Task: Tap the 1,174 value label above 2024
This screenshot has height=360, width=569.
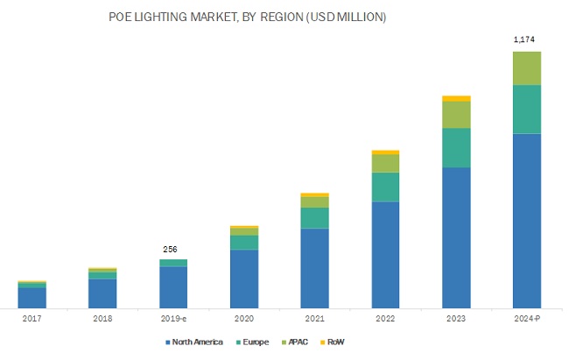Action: click(526, 39)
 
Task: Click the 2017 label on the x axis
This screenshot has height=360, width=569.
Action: click(32, 320)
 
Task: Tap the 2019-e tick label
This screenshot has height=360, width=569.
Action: click(173, 320)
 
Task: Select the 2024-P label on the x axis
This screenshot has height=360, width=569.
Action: click(526, 320)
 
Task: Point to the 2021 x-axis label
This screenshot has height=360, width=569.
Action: click(314, 320)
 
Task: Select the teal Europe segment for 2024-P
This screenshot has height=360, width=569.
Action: click(526, 109)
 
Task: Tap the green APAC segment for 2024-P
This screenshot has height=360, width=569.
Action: click(526, 68)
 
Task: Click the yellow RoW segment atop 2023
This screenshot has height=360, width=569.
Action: click(456, 98)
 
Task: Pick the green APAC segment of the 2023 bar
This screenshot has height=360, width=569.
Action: click(456, 115)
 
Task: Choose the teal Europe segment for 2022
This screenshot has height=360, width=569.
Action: click(385, 187)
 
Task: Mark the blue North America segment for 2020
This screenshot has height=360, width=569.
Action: click(244, 279)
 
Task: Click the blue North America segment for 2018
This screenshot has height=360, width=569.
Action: click(102, 293)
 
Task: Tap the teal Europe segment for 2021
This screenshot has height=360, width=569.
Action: click(314, 218)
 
